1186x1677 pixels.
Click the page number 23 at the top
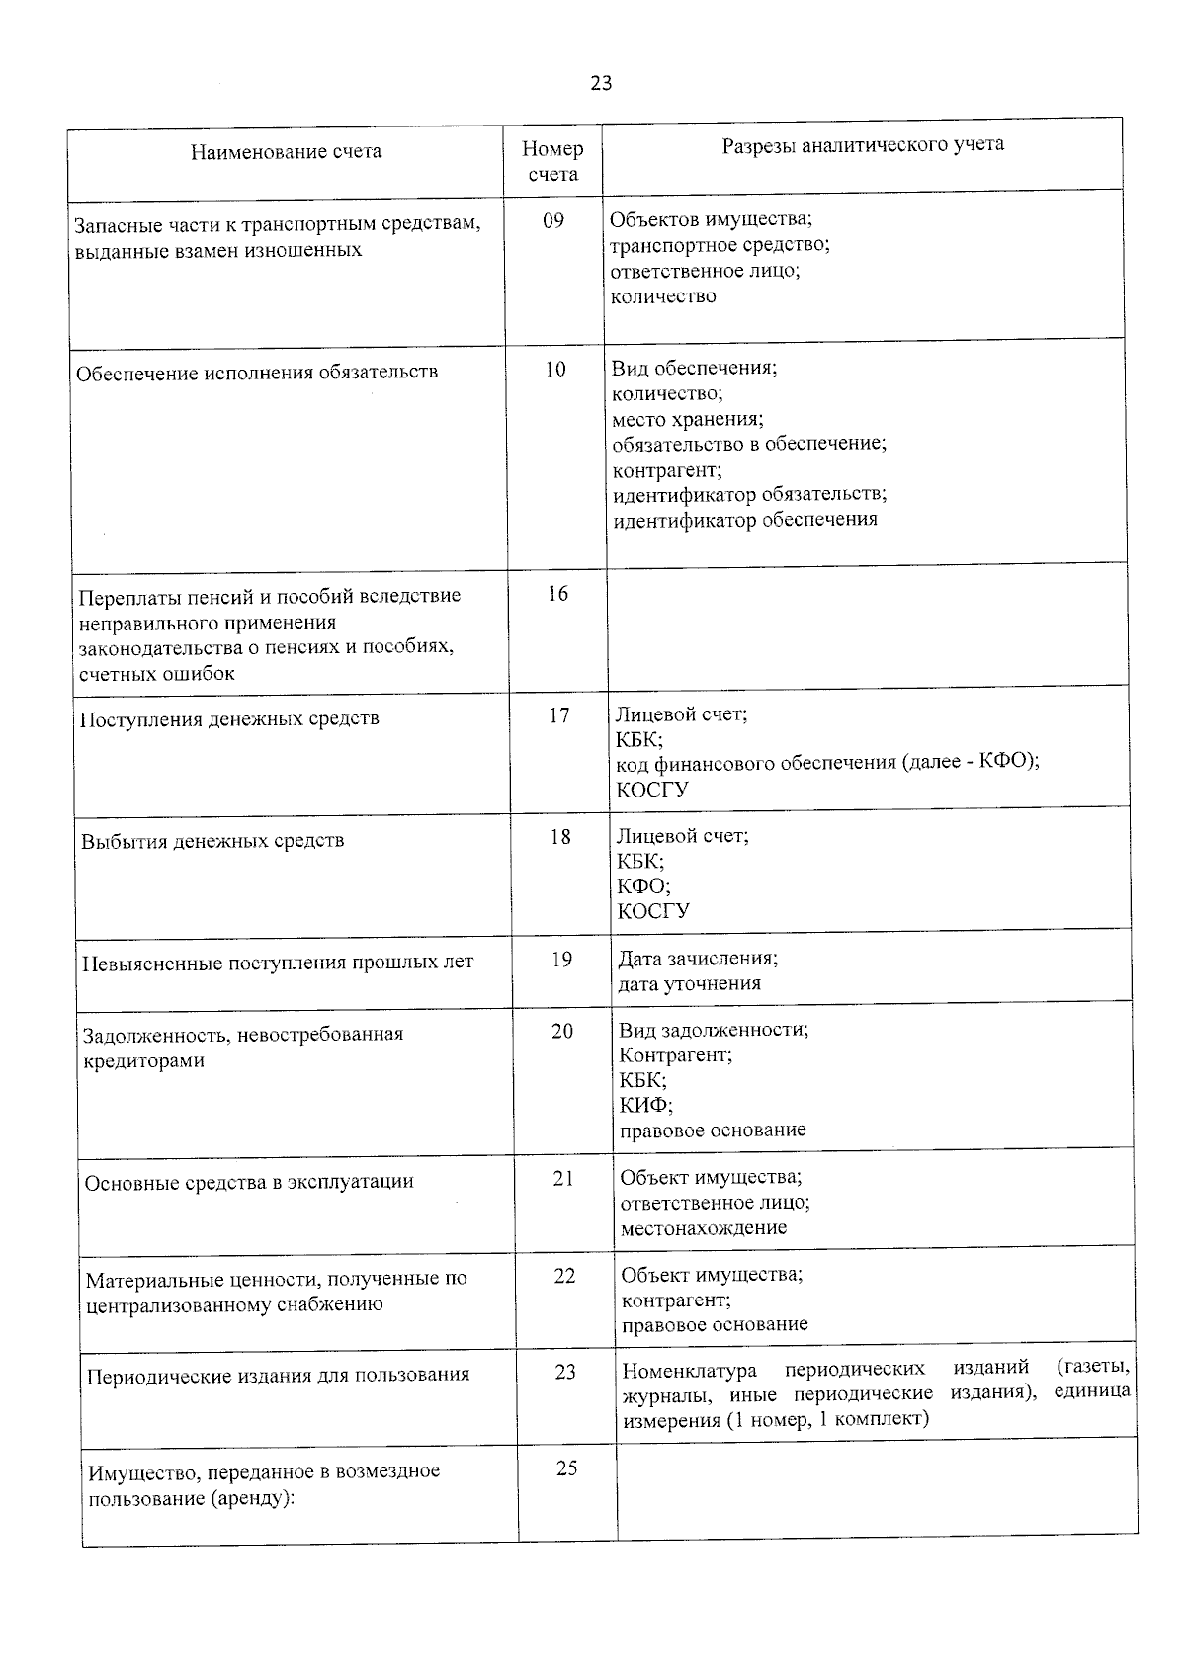[x=601, y=84]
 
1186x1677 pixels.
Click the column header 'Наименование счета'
[x=286, y=152]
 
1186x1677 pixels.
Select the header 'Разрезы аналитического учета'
[x=862, y=144]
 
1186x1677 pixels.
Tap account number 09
[x=553, y=220]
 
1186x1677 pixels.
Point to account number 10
[x=555, y=370]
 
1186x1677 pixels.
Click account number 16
[x=557, y=593]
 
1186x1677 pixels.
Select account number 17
[x=559, y=714]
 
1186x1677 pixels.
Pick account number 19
[x=561, y=959]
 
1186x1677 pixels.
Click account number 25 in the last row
[x=566, y=1468]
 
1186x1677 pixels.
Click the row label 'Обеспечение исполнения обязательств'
[x=257, y=373]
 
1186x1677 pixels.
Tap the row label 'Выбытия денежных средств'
[x=212, y=841]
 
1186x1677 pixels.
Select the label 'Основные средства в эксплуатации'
[x=249, y=1182]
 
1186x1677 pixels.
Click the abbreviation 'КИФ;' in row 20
[x=646, y=1105]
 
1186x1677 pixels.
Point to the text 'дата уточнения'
[x=689, y=983]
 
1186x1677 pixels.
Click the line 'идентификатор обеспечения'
[x=744, y=520]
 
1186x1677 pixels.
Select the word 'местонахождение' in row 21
[x=703, y=1228]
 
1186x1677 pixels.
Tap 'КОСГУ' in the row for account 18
[x=653, y=910]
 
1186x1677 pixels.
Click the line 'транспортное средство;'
[x=720, y=245]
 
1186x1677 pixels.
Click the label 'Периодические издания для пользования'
[x=278, y=1375]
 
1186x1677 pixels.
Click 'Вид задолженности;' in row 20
[x=714, y=1030]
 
